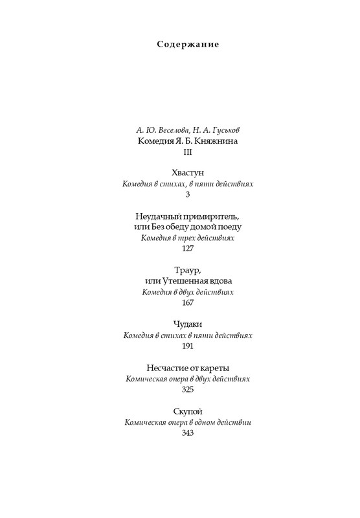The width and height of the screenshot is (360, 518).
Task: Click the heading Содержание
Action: coord(188,45)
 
